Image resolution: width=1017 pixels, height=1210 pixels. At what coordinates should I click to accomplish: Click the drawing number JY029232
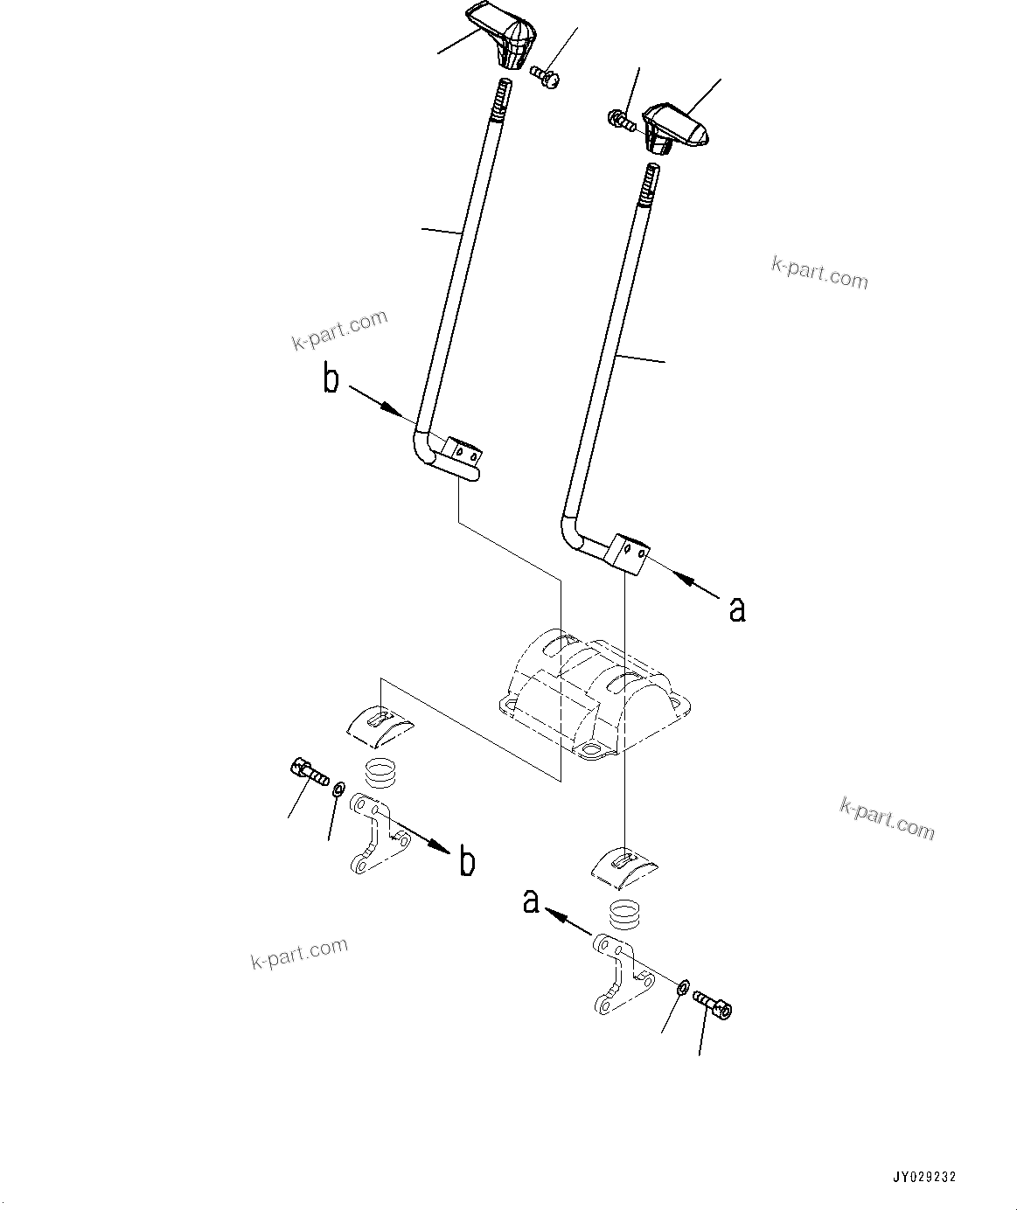click(x=923, y=1177)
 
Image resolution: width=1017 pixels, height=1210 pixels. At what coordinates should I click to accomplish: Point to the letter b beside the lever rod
click(x=331, y=380)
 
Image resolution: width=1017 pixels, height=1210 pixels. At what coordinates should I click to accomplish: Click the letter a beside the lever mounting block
click(x=737, y=609)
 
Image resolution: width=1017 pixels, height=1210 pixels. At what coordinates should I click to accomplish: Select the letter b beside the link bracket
click(x=467, y=863)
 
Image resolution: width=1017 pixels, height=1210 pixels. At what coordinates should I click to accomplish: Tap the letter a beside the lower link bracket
click(x=531, y=901)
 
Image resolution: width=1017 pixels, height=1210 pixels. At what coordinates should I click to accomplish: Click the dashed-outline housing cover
click(x=595, y=692)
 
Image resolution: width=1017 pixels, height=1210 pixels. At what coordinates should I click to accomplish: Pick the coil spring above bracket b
click(x=379, y=773)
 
